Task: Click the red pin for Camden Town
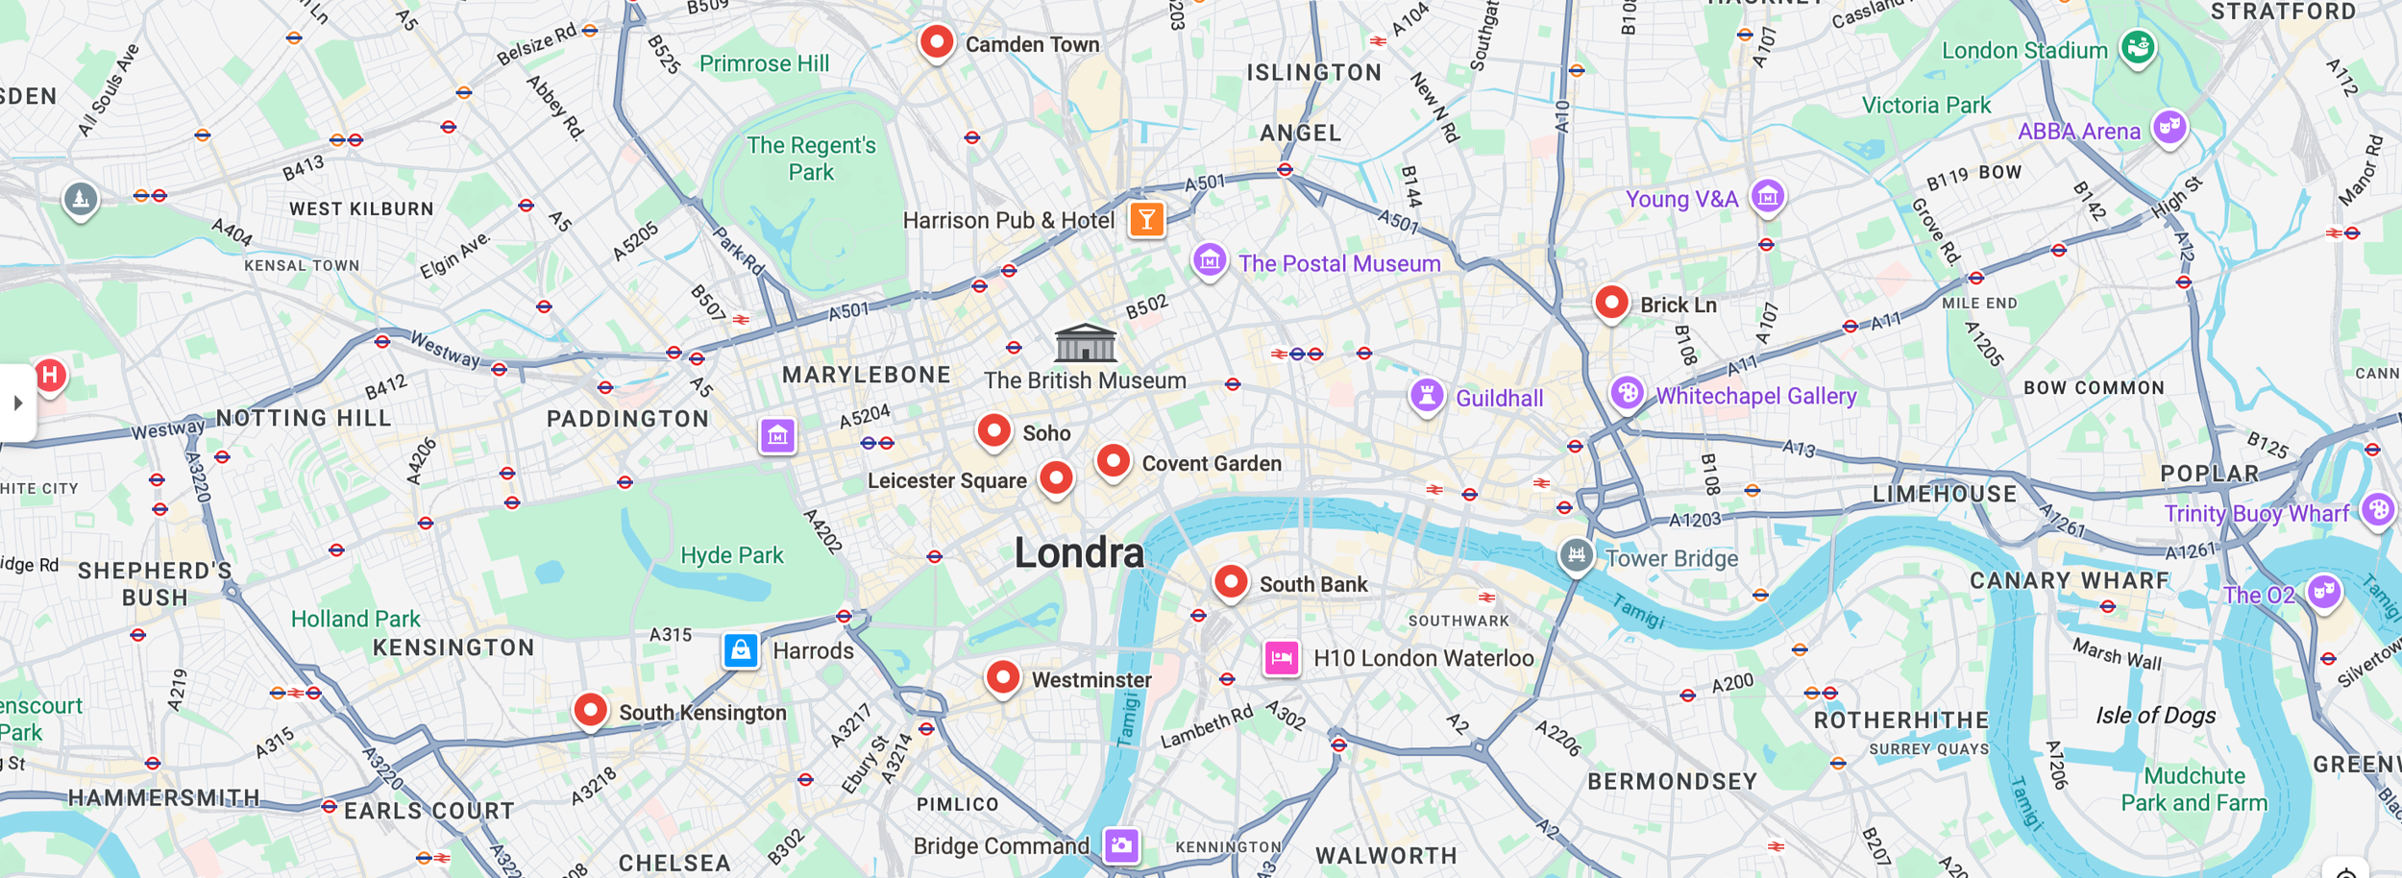tap(936, 42)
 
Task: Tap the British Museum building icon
tap(1085, 343)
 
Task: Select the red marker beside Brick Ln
tap(1611, 303)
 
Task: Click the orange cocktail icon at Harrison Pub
tap(1146, 220)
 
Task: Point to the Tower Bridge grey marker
tap(1576, 554)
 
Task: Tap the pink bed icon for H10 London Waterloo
tap(1281, 658)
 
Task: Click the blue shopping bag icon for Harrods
tap(741, 650)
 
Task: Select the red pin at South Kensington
tap(590, 711)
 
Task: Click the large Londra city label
tap(1079, 553)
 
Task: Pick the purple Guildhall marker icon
tap(1427, 395)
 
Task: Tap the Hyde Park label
tap(731, 555)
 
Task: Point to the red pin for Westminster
tap(1002, 677)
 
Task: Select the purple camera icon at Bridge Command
tap(1121, 845)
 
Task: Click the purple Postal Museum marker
tap(1210, 259)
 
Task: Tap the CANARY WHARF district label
tap(2069, 580)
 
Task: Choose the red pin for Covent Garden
tap(1113, 461)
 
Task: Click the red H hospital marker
tap(50, 375)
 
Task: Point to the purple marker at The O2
tap(2323, 591)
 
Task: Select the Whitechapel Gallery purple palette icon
tap(1627, 392)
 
